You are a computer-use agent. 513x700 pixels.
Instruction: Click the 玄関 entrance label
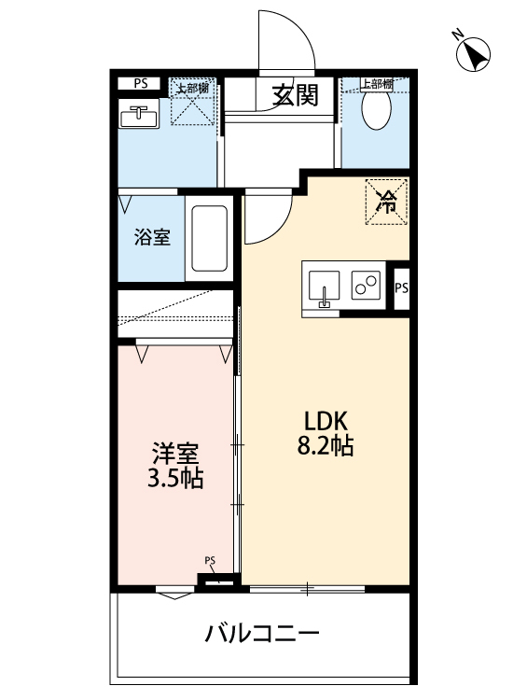296,95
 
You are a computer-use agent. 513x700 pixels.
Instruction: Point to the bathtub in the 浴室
209,240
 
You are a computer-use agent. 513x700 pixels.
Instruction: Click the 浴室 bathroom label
152,237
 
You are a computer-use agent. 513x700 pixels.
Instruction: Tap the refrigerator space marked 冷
384,199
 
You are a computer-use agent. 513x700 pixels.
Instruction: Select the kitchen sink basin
324,286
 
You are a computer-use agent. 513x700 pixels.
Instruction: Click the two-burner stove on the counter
366,285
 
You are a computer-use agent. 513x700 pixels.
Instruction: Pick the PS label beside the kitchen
401,287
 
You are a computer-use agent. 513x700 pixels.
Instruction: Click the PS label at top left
140,84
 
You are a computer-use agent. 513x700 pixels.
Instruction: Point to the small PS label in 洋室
211,561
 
